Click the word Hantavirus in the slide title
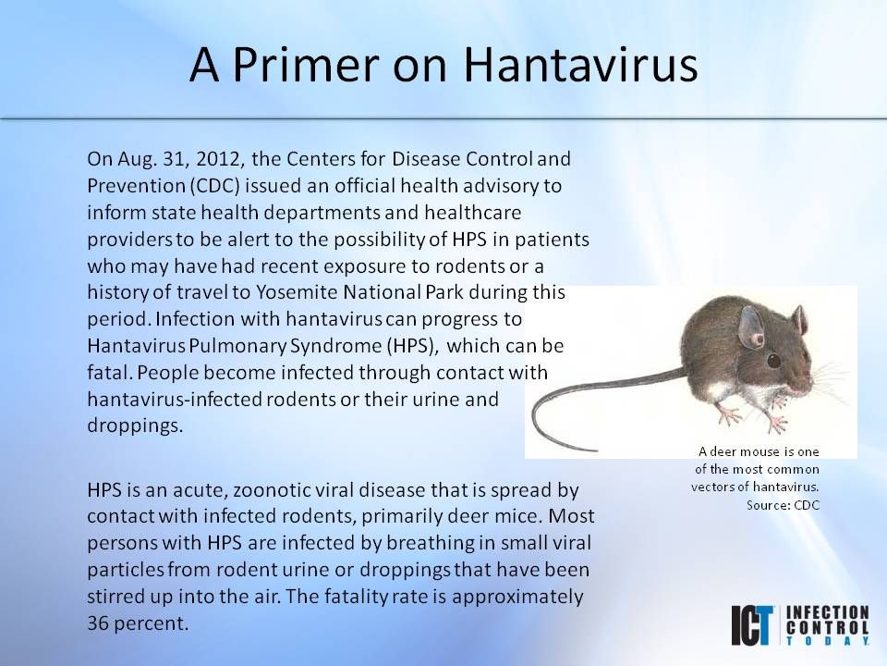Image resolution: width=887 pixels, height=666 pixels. [x=579, y=65]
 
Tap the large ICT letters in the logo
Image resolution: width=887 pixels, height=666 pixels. [x=755, y=626]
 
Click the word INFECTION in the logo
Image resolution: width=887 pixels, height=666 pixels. [x=829, y=612]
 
